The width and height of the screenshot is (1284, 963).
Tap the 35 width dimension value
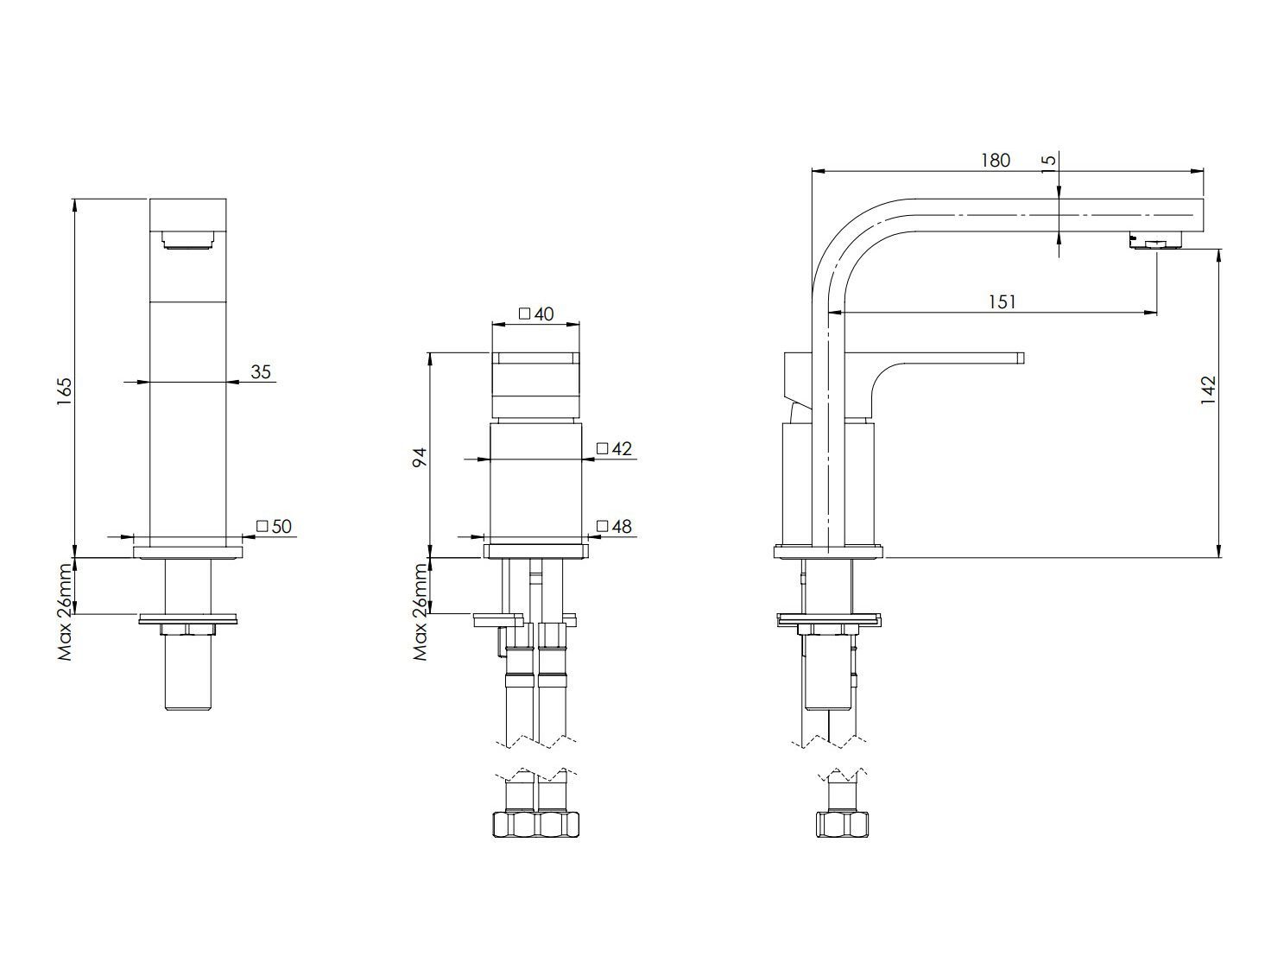(260, 372)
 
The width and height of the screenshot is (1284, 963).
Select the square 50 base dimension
(275, 526)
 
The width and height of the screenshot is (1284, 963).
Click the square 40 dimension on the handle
(536, 314)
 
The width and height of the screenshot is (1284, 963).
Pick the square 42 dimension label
(615, 448)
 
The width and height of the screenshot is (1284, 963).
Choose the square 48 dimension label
(615, 526)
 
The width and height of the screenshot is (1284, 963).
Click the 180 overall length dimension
(995, 161)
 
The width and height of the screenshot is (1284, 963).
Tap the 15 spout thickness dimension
(1048, 164)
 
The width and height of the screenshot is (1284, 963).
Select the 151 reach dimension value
(1001, 301)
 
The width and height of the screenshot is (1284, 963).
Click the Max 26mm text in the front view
(65, 611)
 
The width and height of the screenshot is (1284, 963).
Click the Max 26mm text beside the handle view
(421, 611)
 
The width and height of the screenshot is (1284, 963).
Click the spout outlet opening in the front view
(188, 240)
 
